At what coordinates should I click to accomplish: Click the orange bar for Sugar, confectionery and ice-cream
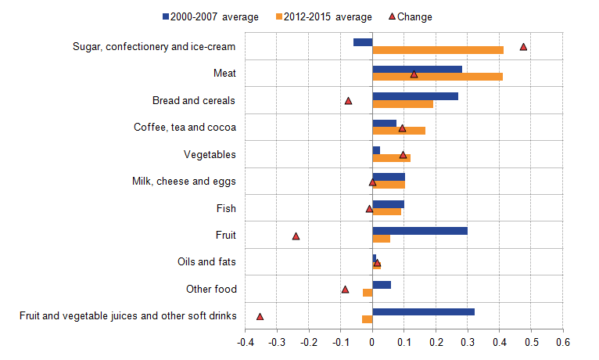[438, 50]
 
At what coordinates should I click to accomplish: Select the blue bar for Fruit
[420, 231]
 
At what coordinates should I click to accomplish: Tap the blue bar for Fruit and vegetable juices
[423, 311]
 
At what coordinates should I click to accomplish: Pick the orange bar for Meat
[437, 77]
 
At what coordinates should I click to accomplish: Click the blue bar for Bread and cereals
[415, 96]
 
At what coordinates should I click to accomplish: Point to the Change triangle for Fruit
[296, 236]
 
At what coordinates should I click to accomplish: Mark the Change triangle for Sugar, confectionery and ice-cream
[523, 47]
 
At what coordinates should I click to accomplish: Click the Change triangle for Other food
[345, 290]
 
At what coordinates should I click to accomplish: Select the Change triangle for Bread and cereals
[348, 101]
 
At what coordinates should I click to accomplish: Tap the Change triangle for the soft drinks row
[260, 316]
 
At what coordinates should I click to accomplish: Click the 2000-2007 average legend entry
[210, 16]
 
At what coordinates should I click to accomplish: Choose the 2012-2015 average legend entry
[324, 16]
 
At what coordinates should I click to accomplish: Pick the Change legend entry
[411, 16]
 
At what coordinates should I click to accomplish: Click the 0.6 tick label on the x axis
[563, 342]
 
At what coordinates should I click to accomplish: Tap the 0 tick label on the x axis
[372, 342]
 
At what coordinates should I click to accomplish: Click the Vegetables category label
[210, 154]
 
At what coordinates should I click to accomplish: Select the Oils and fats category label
[206, 262]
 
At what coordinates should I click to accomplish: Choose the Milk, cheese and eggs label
[184, 182]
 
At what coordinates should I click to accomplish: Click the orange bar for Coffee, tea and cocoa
[399, 131]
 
